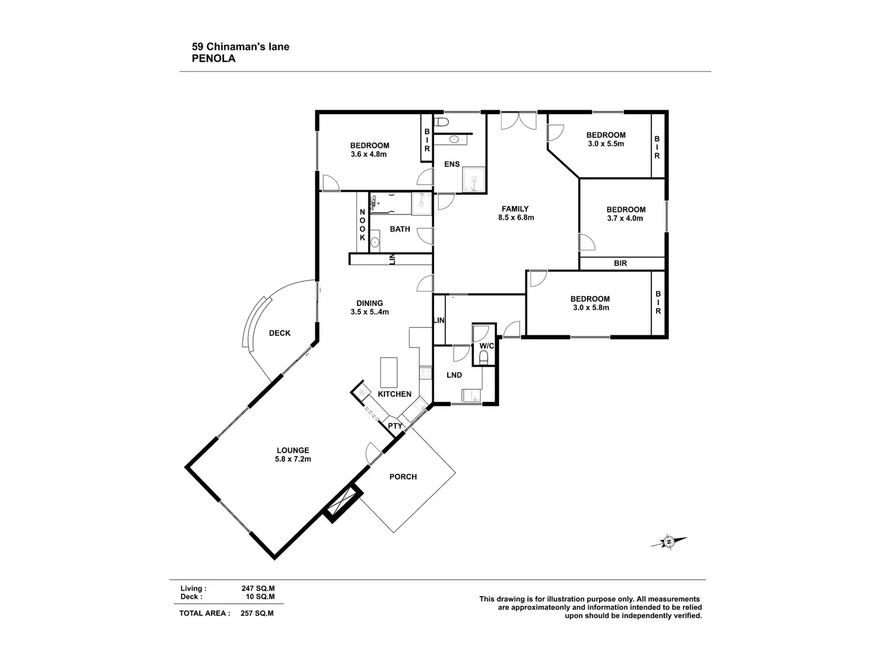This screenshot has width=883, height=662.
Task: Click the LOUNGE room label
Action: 293,450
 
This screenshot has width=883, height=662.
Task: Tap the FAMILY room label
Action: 515,208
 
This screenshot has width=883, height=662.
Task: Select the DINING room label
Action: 369,303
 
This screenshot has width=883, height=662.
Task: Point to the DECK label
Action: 280,333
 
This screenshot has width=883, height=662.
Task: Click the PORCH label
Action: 403,476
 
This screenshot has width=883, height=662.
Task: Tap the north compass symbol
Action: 669,541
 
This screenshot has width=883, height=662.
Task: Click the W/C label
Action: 486,346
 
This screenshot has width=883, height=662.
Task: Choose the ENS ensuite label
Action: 452,164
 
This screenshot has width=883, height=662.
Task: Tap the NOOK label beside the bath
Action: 362,224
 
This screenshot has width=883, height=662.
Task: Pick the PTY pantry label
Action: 395,426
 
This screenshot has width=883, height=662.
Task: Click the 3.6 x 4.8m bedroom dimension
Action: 369,154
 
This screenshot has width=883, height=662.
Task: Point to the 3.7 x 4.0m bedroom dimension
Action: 625,218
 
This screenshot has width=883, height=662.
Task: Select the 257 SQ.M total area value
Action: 258,613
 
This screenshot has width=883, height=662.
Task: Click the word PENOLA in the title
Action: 213,59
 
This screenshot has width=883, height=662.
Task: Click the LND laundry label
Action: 454,375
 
